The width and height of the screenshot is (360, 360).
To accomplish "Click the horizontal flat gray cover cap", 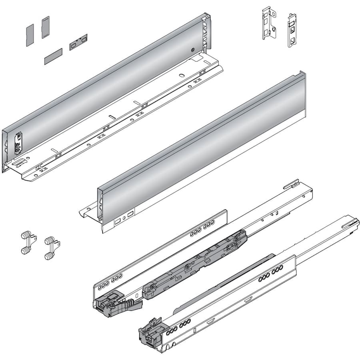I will point(53,56).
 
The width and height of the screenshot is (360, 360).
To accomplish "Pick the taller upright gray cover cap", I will point(45,27).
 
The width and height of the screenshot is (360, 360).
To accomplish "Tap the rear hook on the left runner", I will point(292,184).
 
